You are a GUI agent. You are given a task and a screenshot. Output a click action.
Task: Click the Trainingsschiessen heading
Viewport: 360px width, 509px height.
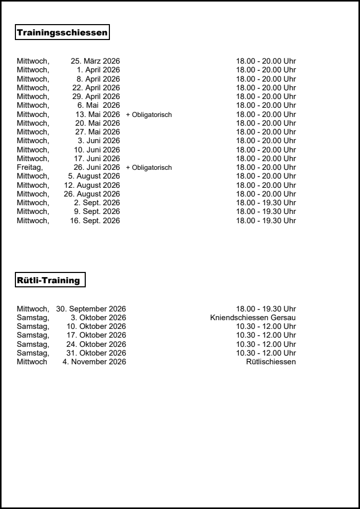coord(63,33)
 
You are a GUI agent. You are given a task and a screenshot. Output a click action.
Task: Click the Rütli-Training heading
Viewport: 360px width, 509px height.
coord(49,280)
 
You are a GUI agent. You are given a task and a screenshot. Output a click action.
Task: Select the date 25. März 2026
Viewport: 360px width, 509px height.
coord(95,61)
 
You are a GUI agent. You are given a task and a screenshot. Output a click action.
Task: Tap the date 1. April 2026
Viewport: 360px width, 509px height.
coord(98,70)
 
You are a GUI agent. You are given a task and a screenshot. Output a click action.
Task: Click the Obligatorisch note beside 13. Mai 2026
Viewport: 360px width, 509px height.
coord(149,114)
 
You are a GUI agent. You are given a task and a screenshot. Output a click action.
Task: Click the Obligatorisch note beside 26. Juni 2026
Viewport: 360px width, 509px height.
coord(149,167)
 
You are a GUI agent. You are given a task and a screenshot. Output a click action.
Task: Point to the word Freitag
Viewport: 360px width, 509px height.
coord(30,167)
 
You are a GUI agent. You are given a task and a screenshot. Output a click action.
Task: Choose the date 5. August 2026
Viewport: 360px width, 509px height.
coord(94,176)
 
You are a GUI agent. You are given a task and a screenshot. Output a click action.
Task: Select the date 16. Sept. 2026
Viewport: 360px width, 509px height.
coord(95,221)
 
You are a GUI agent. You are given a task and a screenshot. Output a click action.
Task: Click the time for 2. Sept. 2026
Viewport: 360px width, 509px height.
coord(266,203)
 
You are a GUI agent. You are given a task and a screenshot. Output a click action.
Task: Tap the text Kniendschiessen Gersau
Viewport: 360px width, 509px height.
coord(253,318)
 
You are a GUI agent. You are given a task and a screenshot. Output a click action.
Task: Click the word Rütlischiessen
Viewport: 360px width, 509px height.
coord(271,362)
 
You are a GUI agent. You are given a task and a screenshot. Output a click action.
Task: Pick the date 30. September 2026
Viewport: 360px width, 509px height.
coord(91,309)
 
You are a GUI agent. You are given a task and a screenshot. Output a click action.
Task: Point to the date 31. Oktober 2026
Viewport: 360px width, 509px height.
coord(96,353)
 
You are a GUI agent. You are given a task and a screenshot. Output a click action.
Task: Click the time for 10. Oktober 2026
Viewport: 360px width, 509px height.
coord(266,326)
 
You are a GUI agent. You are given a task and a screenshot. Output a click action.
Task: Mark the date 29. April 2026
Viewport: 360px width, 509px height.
coord(95,96)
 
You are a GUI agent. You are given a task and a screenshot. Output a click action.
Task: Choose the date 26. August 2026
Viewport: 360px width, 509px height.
coord(92,194)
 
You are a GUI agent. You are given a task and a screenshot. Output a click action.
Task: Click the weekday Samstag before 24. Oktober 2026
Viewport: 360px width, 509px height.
coord(33,344)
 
